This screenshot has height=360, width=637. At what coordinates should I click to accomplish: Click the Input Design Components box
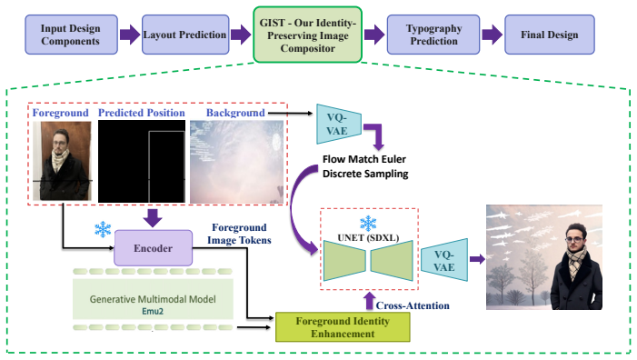click(x=71, y=35)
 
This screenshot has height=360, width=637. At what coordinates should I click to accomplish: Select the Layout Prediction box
click(x=185, y=35)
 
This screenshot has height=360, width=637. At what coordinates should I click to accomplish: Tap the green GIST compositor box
click(x=307, y=35)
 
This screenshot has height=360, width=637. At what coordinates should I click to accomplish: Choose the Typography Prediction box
click(x=433, y=35)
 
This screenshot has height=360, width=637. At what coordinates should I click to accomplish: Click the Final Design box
click(x=549, y=35)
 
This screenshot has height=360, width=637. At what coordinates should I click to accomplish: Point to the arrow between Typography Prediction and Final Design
click(x=492, y=35)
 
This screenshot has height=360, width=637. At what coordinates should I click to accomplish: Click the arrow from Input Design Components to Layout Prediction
click(x=130, y=35)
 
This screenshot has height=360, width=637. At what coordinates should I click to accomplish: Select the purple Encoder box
click(x=154, y=248)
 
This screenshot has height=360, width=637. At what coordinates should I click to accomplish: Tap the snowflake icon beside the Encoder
click(x=103, y=229)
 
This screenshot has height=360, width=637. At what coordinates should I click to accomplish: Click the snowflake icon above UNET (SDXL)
click(x=368, y=223)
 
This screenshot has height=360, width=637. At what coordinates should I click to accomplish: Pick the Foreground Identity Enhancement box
click(x=343, y=327)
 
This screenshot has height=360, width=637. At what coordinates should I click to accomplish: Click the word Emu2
click(x=153, y=312)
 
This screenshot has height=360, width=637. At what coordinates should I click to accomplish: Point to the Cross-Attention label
click(x=413, y=305)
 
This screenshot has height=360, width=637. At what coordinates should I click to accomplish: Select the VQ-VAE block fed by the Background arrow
click(x=339, y=124)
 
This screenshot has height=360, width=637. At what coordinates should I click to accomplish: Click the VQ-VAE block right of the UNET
click(x=444, y=260)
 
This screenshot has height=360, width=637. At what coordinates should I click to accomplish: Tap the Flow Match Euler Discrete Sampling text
click(x=364, y=166)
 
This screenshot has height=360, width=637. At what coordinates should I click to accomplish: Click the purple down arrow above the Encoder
click(x=153, y=218)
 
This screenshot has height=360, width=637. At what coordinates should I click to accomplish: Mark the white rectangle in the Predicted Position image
click(x=167, y=166)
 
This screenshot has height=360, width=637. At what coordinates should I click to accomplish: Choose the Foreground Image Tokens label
click(x=239, y=234)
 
